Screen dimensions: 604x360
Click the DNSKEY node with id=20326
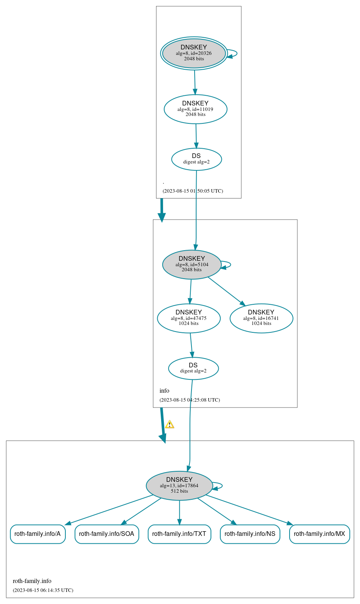click(194, 53)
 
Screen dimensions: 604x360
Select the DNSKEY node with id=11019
click(195, 109)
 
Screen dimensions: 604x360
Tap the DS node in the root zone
click(197, 159)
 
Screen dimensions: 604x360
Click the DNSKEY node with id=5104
click(191, 265)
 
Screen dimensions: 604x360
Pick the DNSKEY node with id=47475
click(189, 318)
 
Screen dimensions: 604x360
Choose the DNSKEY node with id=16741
click(261, 318)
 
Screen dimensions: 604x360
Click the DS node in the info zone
click(193, 368)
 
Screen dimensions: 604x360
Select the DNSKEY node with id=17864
click(179, 486)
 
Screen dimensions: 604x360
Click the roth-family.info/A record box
click(38, 534)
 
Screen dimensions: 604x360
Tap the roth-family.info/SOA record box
click(107, 534)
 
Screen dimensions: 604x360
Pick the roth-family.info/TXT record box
click(179, 534)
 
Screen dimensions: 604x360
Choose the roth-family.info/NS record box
click(250, 534)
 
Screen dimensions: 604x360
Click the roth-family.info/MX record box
click(320, 534)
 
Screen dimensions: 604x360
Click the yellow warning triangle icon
click(169, 425)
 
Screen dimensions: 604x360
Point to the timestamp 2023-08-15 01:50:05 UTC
click(193, 191)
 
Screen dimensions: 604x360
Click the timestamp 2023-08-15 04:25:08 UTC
click(190, 400)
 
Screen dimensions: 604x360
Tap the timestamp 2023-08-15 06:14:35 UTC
click(43, 590)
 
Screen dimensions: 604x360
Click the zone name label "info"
click(164, 391)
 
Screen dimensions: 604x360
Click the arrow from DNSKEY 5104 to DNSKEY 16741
click(227, 291)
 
